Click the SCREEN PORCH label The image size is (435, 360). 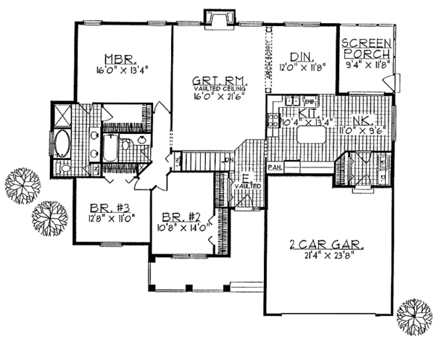click(368, 49)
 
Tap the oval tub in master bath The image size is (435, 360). click(60, 144)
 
